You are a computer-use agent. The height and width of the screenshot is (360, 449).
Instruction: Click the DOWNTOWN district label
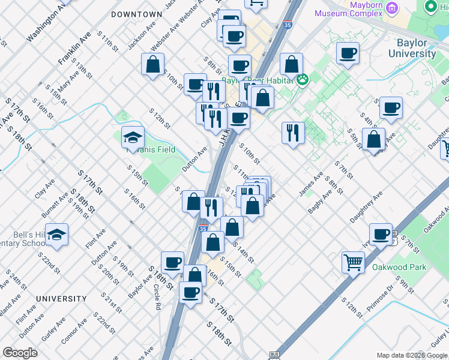[x=136, y=14]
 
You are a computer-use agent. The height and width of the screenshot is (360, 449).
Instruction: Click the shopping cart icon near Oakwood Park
[x=353, y=262]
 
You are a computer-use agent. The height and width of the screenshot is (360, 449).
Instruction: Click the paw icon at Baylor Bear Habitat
[x=303, y=79]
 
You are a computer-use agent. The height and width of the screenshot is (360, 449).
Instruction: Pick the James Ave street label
[x=311, y=184]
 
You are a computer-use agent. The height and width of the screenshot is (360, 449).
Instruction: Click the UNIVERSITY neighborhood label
[x=61, y=298]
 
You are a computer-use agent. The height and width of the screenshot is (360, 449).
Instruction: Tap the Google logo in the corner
[x=20, y=353]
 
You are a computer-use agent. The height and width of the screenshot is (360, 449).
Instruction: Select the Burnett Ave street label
[x=55, y=205]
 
